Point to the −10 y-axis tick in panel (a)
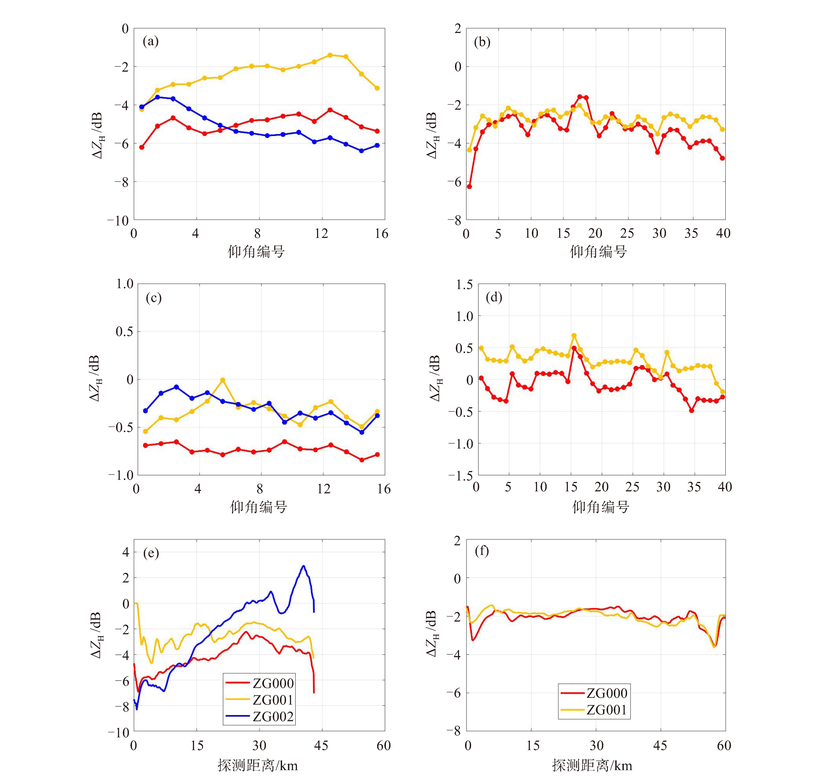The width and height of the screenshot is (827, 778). [118, 220]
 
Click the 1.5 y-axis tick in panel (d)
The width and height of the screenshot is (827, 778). [464, 285]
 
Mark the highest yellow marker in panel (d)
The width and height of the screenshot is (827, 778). [574, 335]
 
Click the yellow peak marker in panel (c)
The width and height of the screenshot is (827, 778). [223, 380]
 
